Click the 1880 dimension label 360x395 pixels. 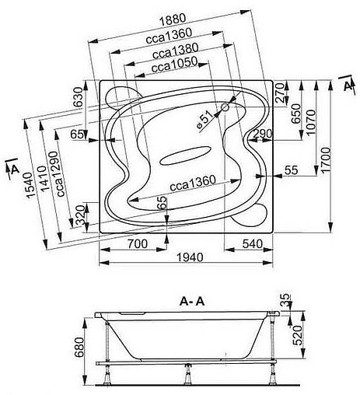(x=173, y=19)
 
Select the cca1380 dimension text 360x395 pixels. (x=176, y=51)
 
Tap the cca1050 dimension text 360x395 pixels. (x=174, y=65)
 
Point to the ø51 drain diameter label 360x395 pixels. (x=206, y=120)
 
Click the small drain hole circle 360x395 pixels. (x=225, y=107)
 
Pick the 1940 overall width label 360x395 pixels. (x=190, y=257)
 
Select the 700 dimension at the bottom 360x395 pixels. (x=138, y=243)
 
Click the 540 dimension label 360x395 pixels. (x=253, y=243)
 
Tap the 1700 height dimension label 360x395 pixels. (x=326, y=159)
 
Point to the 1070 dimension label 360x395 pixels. (x=311, y=122)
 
